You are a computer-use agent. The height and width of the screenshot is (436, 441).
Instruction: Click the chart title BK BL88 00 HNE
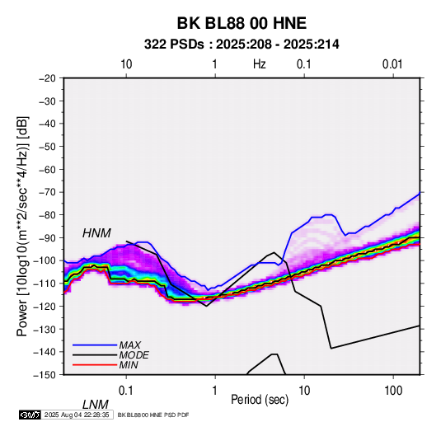[x=242, y=23]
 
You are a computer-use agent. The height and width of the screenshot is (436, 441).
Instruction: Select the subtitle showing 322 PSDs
[x=242, y=45]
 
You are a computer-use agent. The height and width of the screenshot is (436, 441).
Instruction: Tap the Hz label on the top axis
[x=260, y=64]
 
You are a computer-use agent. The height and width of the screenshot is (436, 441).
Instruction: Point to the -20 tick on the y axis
[x=47, y=78]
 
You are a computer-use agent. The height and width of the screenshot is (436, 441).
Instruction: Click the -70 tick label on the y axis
[x=47, y=192]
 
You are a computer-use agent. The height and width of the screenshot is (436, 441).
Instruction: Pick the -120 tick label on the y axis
[x=45, y=306]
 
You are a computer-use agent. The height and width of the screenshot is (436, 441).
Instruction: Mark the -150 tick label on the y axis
[x=45, y=375]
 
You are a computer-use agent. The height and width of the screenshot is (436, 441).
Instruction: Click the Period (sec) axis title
[x=260, y=400]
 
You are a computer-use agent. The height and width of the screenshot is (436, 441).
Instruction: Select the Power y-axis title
[x=22, y=227]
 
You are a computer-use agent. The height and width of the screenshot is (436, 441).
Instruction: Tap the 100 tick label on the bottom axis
[x=393, y=390]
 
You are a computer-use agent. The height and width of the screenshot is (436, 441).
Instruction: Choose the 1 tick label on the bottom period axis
[x=215, y=390]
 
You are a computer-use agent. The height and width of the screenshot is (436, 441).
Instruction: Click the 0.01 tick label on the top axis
[x=392, y=64]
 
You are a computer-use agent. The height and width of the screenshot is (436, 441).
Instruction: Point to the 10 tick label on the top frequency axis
[x=126, y=64]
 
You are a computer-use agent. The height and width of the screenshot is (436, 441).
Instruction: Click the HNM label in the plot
[x=96, y=233]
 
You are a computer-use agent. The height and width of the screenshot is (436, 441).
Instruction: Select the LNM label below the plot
[x=96, y=405]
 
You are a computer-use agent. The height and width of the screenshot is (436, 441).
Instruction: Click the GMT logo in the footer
[x=30, y=415]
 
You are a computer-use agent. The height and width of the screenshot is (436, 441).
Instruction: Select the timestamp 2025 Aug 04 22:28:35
[x=77, y=415]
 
